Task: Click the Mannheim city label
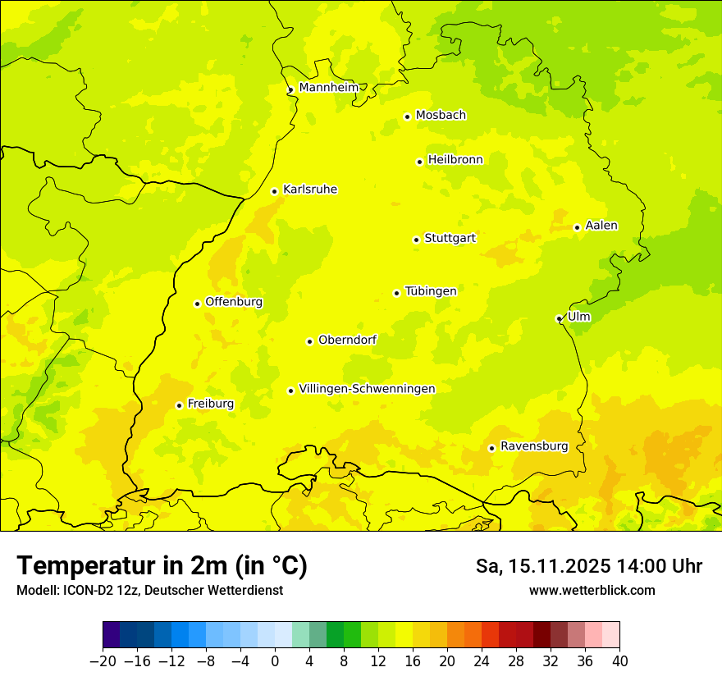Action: point(328,87)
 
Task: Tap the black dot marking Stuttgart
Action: point(416,240)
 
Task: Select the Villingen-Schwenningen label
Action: point(367,389)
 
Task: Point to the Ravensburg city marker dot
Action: point(491,448)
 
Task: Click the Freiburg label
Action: point(210,404)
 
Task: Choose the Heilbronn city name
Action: point(455,160)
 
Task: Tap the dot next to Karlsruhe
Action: point(275,191)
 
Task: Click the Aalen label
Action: point(601,226)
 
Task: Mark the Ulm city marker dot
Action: point(559,318)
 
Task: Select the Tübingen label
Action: point(431,291)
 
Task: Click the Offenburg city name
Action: point(234,302)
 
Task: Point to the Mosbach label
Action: point(441,116)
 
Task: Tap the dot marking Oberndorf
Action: point(309,341)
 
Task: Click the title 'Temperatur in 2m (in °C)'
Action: point(162,565)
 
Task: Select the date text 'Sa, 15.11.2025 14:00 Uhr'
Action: point(589,566)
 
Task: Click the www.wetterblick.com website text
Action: point(592,590)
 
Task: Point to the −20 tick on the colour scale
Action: point(103,661)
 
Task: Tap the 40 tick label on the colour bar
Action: point(619,661)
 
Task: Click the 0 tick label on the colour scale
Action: point(275,661)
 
